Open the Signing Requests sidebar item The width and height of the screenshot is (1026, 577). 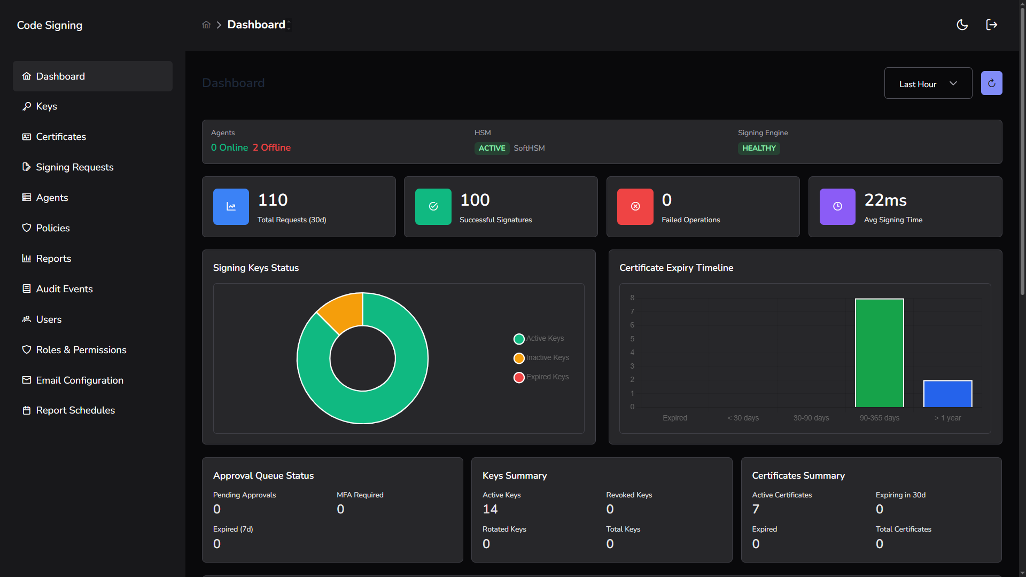pos(74,167)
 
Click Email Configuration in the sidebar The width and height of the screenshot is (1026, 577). pos(79,380)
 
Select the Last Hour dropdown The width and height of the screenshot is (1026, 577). pos(928,83)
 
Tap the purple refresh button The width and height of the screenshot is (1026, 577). pos(991,83)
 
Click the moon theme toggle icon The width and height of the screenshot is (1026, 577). pos(962,25)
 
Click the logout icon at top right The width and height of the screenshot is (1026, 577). pos(991,25)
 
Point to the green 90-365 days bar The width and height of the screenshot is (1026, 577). pos(879,353)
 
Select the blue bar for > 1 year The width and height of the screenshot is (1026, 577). pos(947,394)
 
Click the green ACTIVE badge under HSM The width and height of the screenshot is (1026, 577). pos(492,149)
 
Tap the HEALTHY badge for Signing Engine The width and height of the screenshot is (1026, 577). pos(758,149)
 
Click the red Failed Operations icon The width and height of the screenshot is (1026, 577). pos(635,207)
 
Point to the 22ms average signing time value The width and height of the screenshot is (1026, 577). pos(885,200)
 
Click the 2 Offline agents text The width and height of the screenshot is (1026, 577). pos(271,148)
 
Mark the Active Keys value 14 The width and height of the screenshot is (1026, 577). pos(489,509)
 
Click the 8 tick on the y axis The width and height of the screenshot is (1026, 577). pos(632,298)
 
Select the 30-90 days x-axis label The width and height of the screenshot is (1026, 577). pos(811,418)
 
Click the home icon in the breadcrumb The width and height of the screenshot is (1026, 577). pos(206,25)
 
